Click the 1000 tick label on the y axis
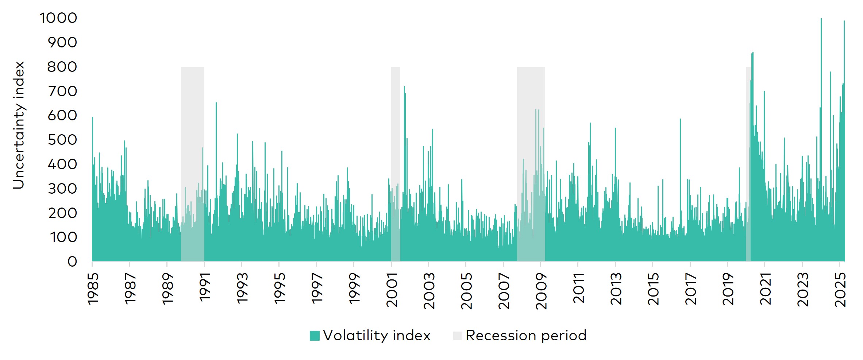[58, 18]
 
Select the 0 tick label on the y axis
[72, 262]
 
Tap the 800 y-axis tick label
[62, 67]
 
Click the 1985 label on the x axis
[93, 288]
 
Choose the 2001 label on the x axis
[392, 290]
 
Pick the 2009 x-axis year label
[541, 291]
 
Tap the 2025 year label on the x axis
[840, 290]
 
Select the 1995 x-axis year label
[280, 288]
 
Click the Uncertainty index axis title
[18, 125]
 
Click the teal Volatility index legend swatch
[315, 336]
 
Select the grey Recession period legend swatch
[457, 336]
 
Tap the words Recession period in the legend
[526, 336]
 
